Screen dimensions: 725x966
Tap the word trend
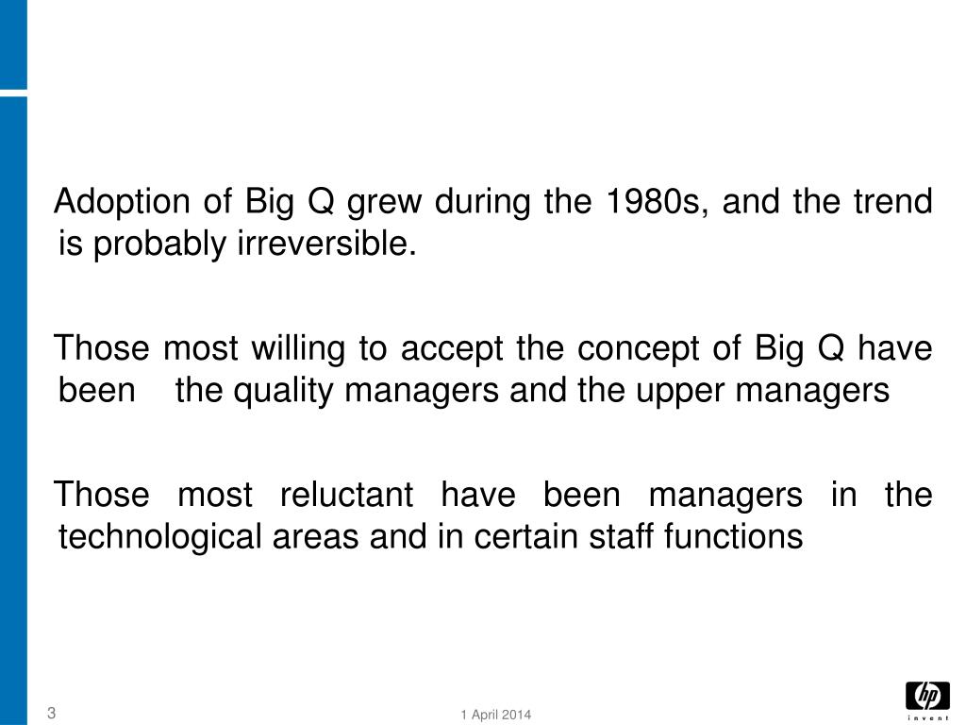[x=892, y=203]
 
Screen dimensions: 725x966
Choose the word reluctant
[x=347, y=495]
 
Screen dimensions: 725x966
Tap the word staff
[x=622, y=536]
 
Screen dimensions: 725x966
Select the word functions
[x=733, y=536]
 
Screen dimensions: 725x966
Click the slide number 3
[x=52, y=713]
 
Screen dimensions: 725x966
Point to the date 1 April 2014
[x=496, y=715]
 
